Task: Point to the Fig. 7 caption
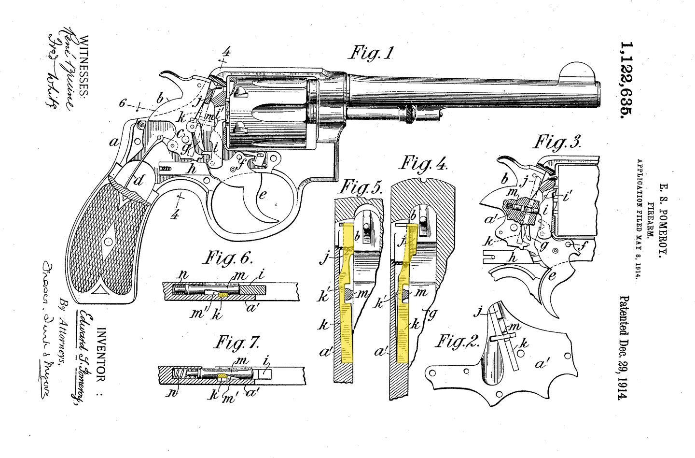point(236,343)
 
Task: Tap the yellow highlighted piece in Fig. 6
point(223,294)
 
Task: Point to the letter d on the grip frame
point(139,181)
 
